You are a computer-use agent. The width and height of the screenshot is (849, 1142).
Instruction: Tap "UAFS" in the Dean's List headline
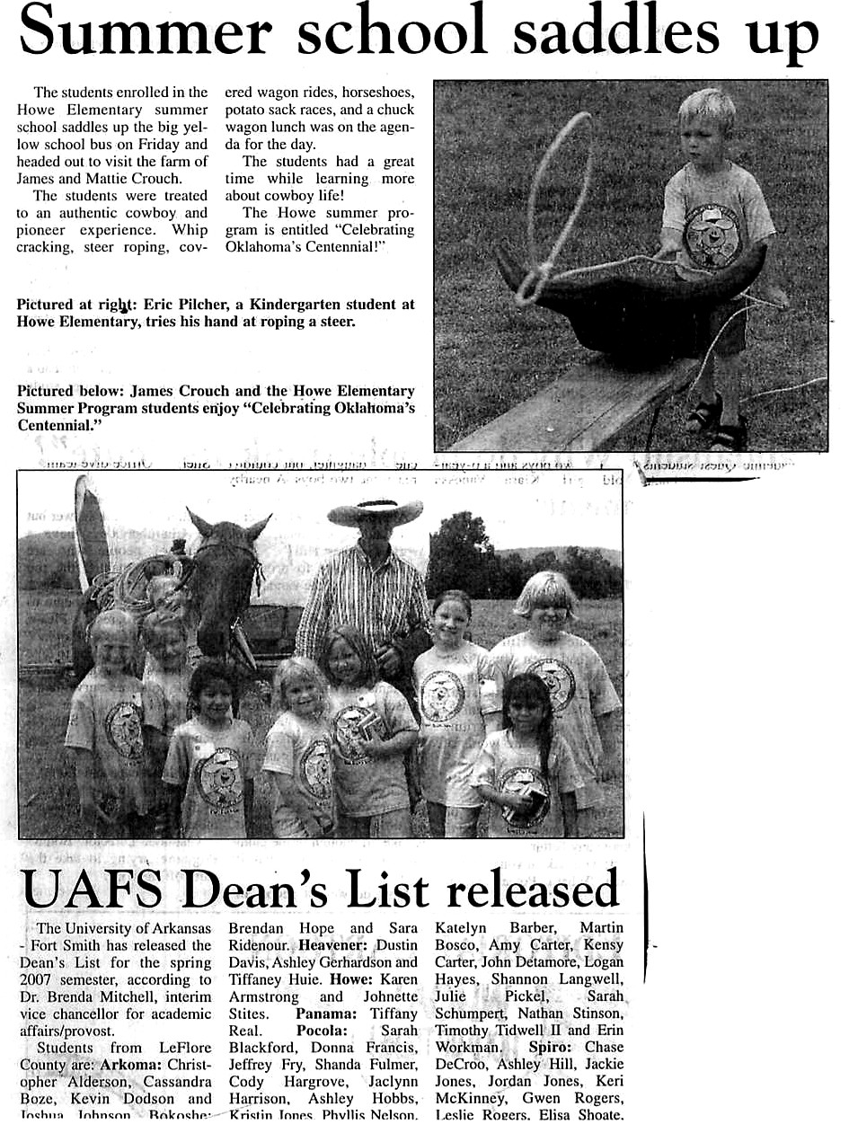pos(93,891)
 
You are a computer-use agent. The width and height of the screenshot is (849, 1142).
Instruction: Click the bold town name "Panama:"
pos(323,1014)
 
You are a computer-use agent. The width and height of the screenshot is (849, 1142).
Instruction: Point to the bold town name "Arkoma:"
pos(133,1065)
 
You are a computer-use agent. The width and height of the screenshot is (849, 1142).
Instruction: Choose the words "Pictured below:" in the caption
pos(69,391)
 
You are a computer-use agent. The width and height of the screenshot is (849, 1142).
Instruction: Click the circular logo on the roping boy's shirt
pos(712,235)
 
